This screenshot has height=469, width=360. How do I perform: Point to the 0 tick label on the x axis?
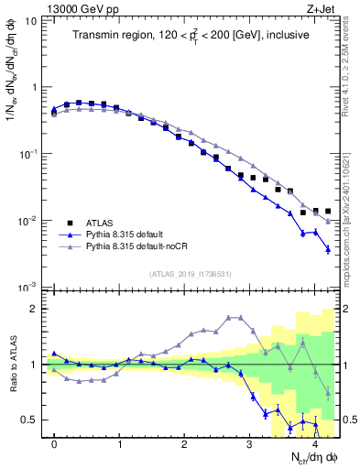pos(54,443)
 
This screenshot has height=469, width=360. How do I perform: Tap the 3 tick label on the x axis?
pos(249,443)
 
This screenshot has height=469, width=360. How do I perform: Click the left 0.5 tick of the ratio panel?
pos(30,420)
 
